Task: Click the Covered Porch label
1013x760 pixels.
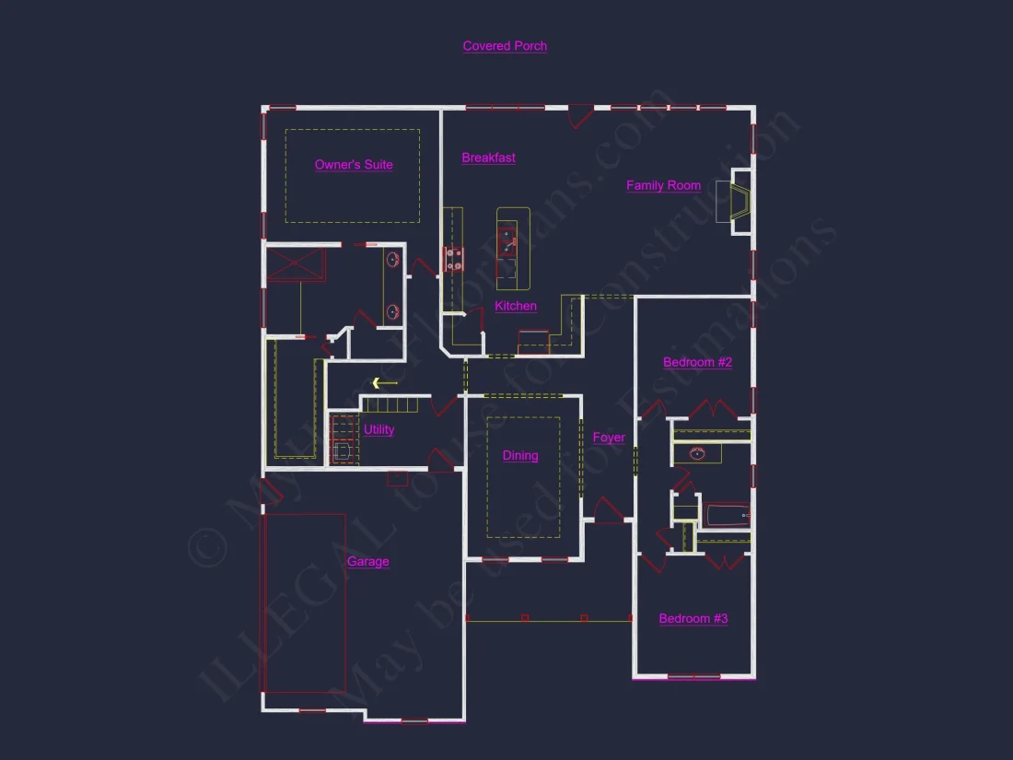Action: (505, 46)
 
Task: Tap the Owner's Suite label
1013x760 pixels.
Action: (354, 165)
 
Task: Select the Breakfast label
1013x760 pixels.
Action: (488, 158)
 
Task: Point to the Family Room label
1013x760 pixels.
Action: (663, 185)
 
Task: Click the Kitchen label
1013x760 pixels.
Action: (516, 306)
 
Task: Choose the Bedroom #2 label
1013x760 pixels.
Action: (697, 362)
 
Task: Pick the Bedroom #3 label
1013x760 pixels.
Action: (693, 618)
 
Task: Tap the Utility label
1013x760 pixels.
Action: (378, 429)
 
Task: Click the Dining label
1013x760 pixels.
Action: (520, 455)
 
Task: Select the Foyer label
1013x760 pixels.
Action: (609, 438)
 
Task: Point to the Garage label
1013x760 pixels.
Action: (367, 562)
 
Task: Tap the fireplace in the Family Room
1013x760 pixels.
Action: (738, 202)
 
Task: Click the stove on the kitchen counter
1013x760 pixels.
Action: (454, 259)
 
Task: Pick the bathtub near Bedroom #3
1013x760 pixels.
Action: (727, 515)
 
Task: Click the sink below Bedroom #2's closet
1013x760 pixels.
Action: (697, 453)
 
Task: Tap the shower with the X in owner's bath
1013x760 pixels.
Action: (296, 265)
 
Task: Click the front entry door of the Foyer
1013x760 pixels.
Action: (609, 512)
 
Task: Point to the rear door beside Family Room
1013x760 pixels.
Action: (579, 117)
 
